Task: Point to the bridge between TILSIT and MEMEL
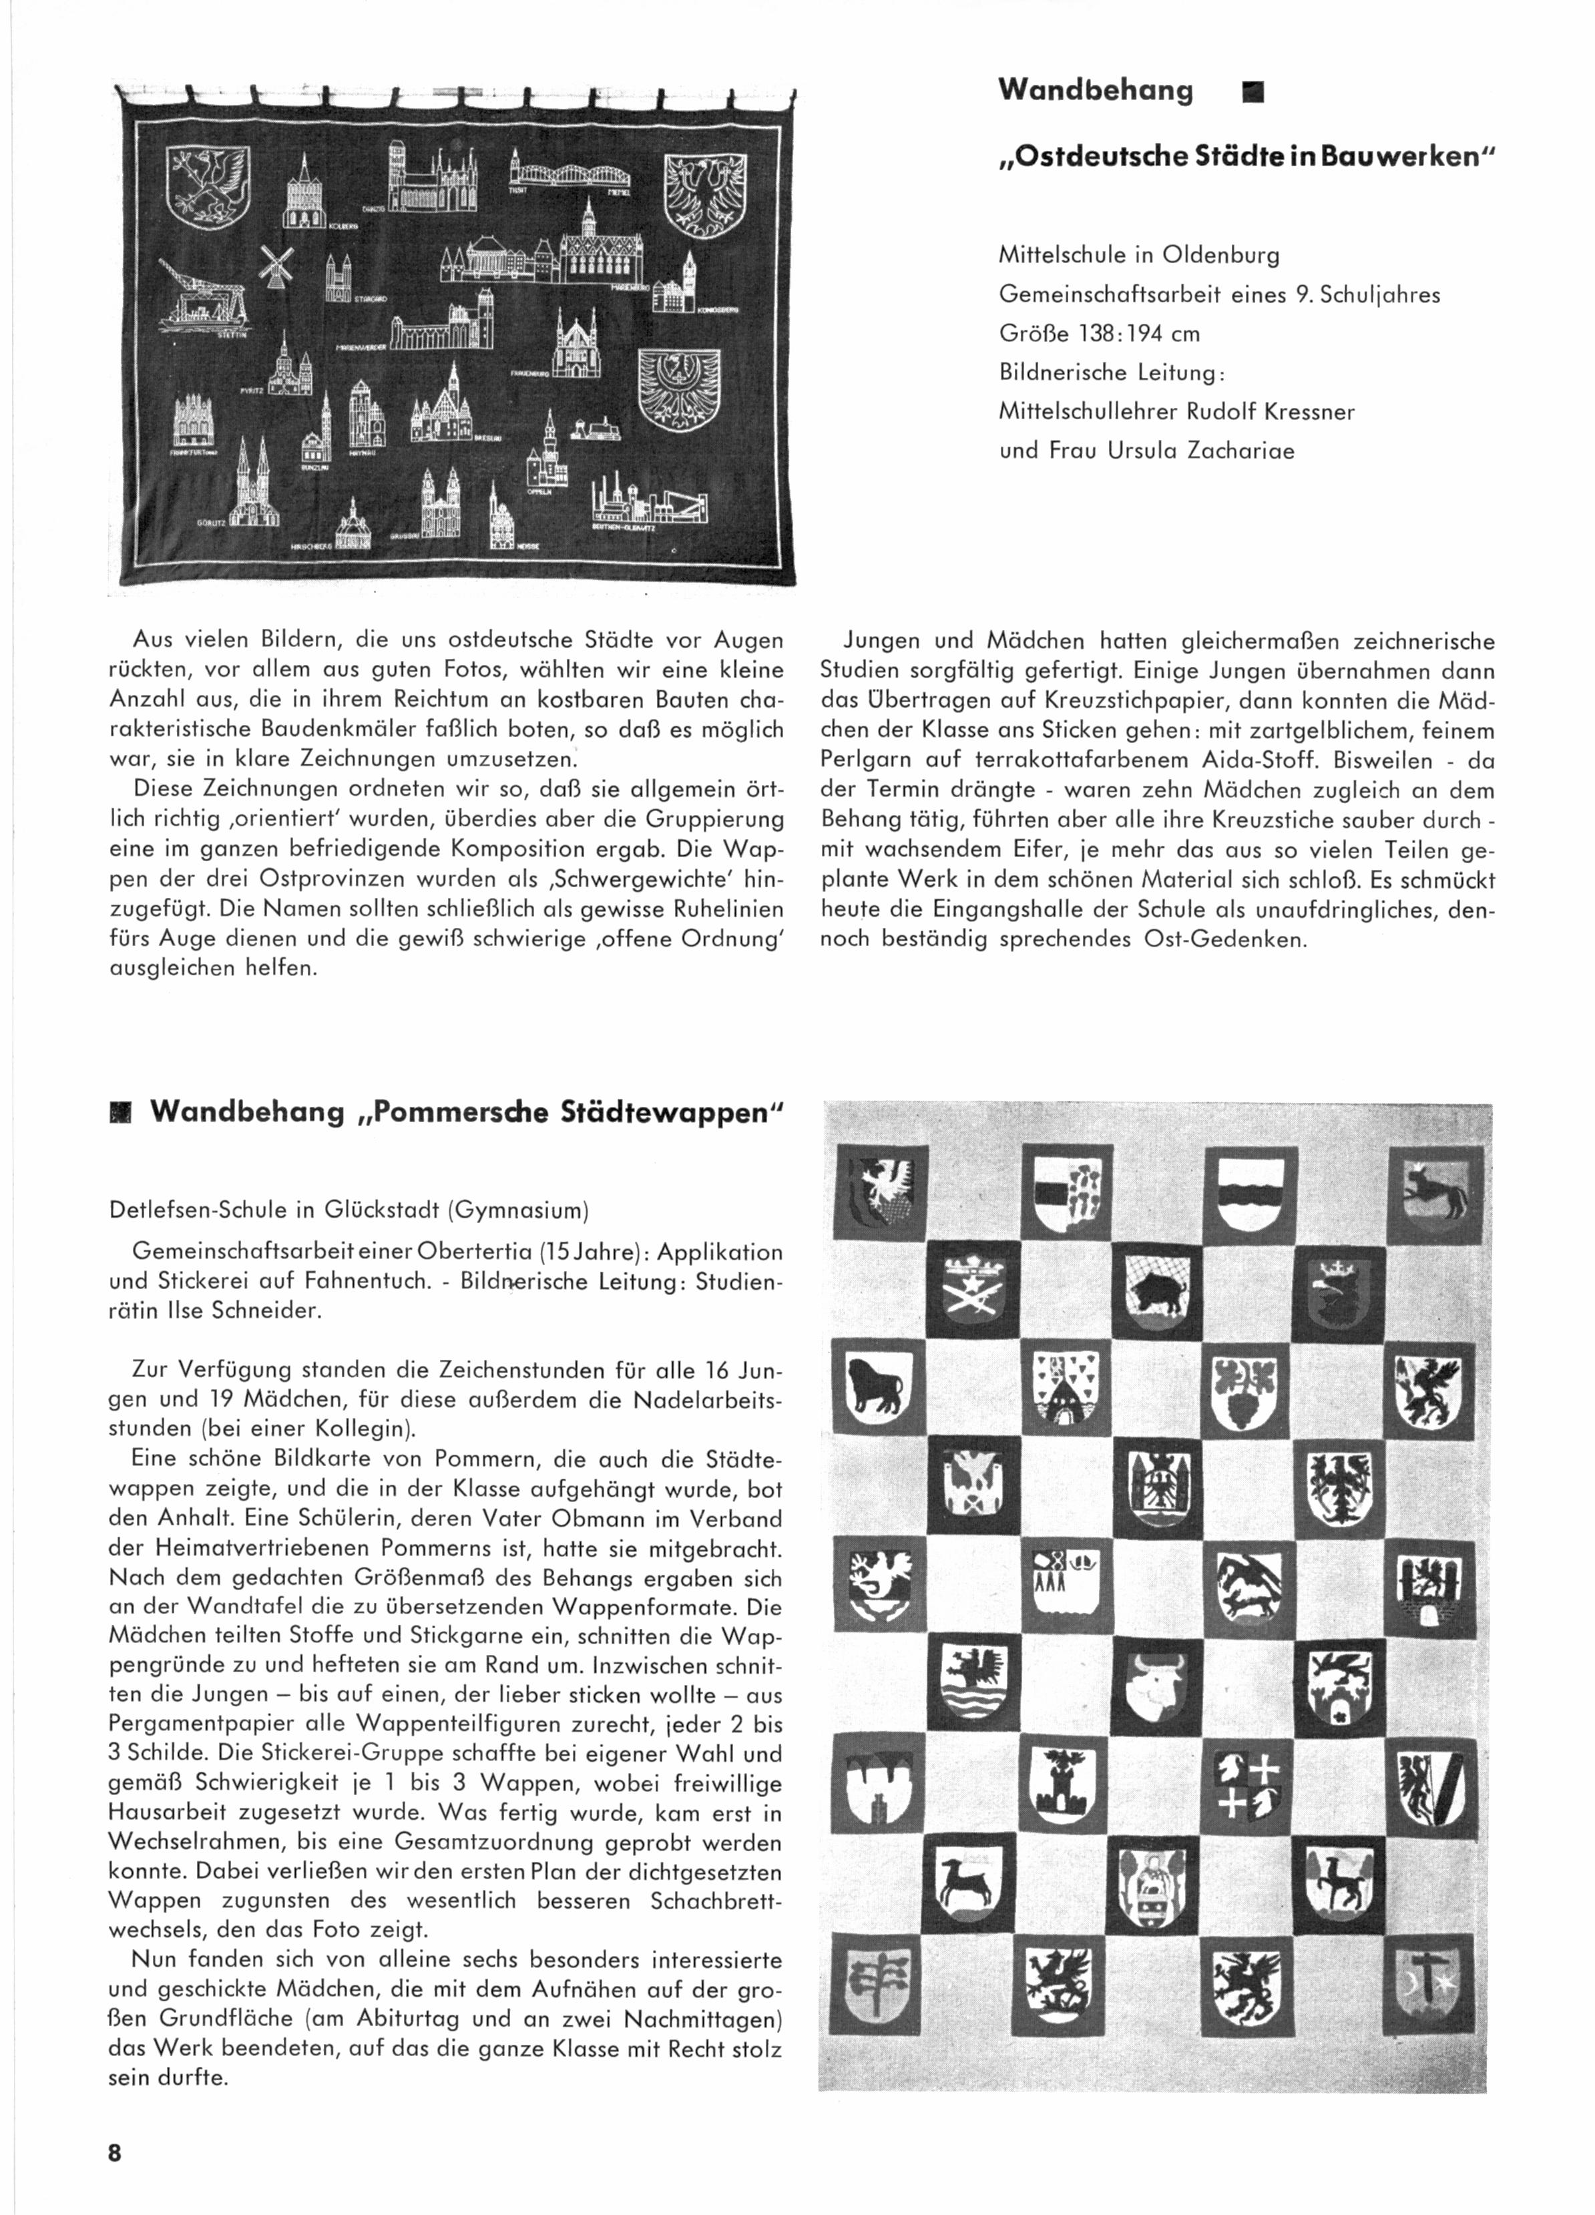pyautogui.click(x=569, y=173)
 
